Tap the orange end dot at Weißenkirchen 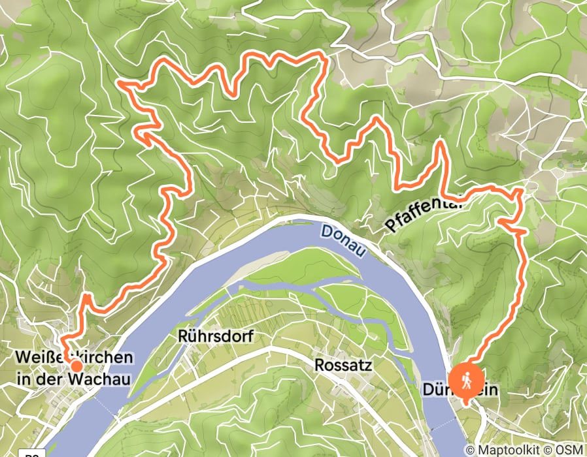(76, 366)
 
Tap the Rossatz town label (343, 365)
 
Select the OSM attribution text (569, 450)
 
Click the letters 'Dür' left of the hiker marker (435, 390)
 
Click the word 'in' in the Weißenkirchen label (23, 379)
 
